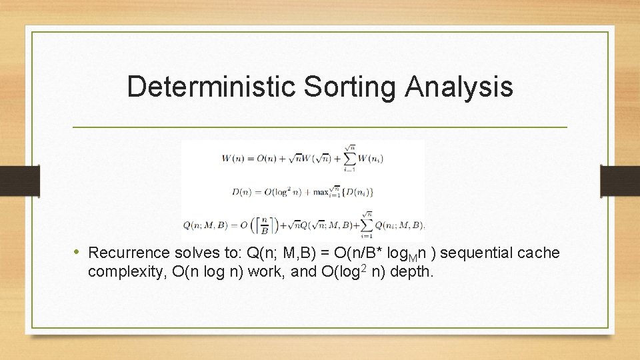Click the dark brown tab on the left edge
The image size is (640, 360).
[19, 180]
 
